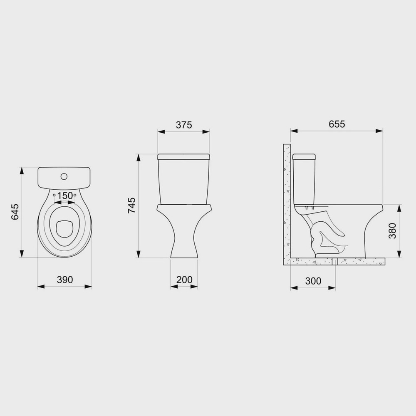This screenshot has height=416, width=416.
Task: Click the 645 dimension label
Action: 15,212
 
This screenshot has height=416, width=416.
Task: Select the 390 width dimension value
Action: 65,280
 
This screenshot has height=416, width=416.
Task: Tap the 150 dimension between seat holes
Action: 65,196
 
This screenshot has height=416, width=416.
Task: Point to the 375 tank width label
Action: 184,125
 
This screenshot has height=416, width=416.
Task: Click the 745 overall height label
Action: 131,206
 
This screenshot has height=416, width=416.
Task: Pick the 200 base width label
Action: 184,280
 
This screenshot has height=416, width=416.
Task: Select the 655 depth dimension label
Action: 337,124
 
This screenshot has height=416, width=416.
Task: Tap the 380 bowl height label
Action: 392,231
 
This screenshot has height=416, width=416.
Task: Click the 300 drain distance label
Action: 313,281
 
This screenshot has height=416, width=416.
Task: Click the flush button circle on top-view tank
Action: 64,176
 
